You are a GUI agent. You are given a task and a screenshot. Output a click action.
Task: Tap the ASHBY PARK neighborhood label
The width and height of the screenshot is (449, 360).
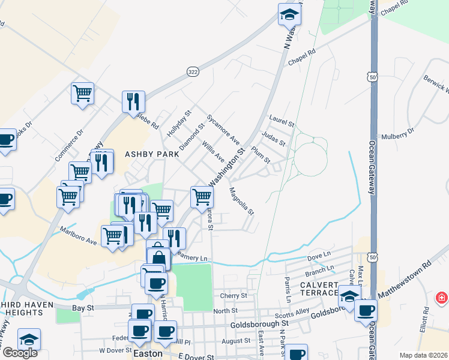(x=152, y=154)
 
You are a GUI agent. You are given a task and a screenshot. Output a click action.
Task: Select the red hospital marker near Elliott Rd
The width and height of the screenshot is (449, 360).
(x=442, y=298)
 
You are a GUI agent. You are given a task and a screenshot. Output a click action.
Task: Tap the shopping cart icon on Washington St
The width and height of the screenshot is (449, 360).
(x=202, y=196)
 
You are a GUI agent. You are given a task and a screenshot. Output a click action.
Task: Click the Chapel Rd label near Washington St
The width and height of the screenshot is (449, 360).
(x=301, y=57)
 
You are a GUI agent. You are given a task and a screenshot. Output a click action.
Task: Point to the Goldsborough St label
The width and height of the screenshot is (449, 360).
(x=260, y=323)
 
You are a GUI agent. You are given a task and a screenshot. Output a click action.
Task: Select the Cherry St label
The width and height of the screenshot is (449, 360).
(x=234, y=296)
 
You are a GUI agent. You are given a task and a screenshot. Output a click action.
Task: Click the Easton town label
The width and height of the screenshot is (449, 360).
(x=147, y=353)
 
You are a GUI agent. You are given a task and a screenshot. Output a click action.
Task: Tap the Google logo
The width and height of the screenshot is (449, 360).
(x=20, y=353)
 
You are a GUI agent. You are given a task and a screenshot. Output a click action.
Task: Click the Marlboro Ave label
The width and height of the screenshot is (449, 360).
(x=78, y=236)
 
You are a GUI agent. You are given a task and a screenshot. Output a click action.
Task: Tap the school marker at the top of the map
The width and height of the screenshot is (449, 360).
(x=290, y=14)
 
